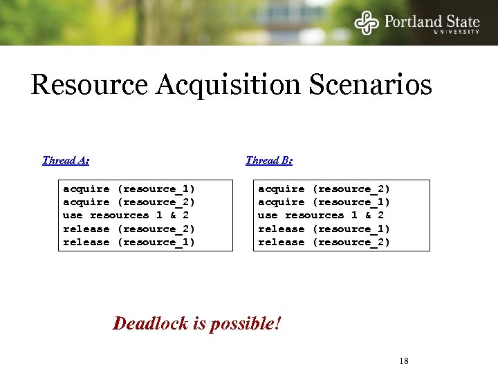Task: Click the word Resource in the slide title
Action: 89,86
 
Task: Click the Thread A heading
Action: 65,160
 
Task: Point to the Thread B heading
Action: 269,160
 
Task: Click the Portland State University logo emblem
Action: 367,22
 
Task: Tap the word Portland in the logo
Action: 413,21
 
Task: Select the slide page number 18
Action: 405,361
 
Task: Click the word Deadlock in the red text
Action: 153,323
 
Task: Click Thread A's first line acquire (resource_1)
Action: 129,189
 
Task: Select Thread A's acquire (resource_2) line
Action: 129,202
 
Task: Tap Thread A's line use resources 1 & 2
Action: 126,215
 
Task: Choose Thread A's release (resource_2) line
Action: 129,229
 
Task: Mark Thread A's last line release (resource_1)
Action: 129,242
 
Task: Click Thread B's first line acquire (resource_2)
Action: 324,189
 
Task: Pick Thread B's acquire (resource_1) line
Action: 324,202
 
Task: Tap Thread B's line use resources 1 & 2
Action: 321,215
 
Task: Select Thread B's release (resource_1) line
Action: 324,229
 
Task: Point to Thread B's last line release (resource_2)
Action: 324,242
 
